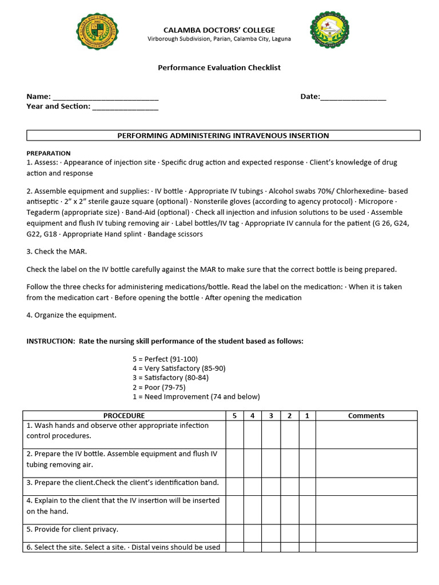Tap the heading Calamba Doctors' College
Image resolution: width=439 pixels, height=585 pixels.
point(219,30)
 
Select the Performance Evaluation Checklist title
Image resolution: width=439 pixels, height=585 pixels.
point(219,67)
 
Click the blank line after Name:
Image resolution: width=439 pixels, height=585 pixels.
point(105,97)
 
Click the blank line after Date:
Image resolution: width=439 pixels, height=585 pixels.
point(353,97)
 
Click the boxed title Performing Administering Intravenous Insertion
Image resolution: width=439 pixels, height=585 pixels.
point(223,135)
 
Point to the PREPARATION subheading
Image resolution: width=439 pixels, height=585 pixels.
point(49,153)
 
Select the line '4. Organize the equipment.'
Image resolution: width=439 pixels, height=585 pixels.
point(71,315)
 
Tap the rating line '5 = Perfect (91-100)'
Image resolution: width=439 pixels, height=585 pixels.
point(165,359)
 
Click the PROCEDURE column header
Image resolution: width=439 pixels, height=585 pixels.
point(124,416)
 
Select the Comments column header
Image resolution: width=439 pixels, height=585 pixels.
point(366,416)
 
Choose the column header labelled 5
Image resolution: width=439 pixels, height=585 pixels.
point(234,416)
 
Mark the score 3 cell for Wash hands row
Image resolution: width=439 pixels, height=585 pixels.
point(271,435)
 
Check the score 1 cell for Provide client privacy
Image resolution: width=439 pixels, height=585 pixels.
point(307,530)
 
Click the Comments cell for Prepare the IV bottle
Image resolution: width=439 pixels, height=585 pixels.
point(366,463)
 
